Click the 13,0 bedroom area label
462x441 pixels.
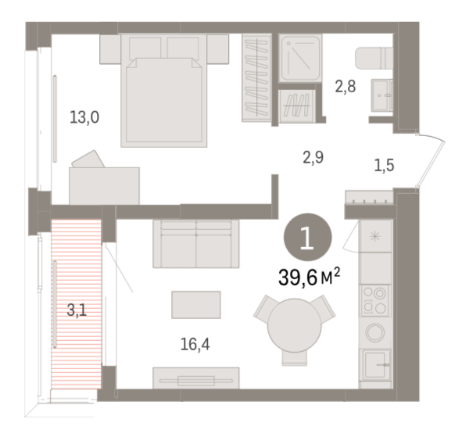point(84,117)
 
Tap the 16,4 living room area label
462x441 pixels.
point(195,344)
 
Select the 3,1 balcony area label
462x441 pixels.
point(77,310)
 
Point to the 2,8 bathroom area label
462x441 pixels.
point(346,87)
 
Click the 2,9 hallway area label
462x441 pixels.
point(313,157)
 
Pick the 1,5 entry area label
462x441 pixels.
point(384,166)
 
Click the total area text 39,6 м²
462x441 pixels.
point(309,278)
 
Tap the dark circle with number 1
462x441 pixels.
point(307,237)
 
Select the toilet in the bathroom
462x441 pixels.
point(374,58)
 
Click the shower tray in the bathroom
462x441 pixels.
point(300,58)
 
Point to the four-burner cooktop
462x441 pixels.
point(374,300)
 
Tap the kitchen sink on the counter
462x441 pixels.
point(377,365)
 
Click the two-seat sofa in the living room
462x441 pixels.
point(196,244)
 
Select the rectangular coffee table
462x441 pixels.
point(196,305)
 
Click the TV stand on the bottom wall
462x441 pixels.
point(196,378)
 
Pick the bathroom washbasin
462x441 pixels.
point(381,95)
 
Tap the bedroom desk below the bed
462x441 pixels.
point(104,186)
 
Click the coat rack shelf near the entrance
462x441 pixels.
point(370,197)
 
